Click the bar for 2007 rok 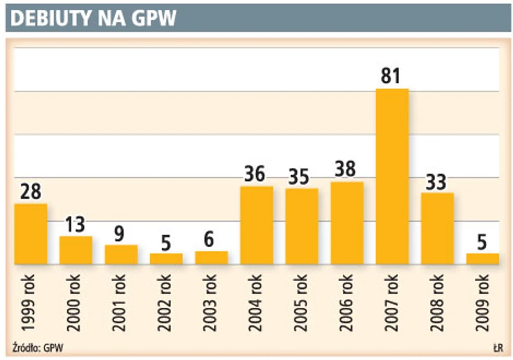pos(392,176)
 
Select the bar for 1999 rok pos(31,234)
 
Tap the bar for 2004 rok pos(257,225)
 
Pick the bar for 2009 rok pos(482,259)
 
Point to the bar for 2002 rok pos(166,259)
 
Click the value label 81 pos(390,76)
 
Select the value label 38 pos(347,169)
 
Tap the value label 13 pos(76,225)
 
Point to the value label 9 pos(121,233)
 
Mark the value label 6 pos(211,240)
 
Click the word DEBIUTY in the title pos(50,19)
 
